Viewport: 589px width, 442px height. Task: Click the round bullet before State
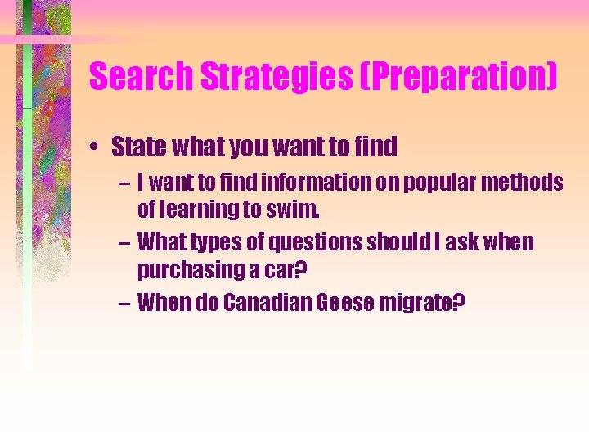pyautogui.click(x=97, y=148)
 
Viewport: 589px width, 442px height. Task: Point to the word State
pyautogui.click(x=136, y=147)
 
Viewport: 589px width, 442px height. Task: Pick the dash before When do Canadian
pyautogui.click(x=123, y=303)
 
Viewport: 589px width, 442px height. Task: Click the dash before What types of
pyautogui.click(x=123, y=243)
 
